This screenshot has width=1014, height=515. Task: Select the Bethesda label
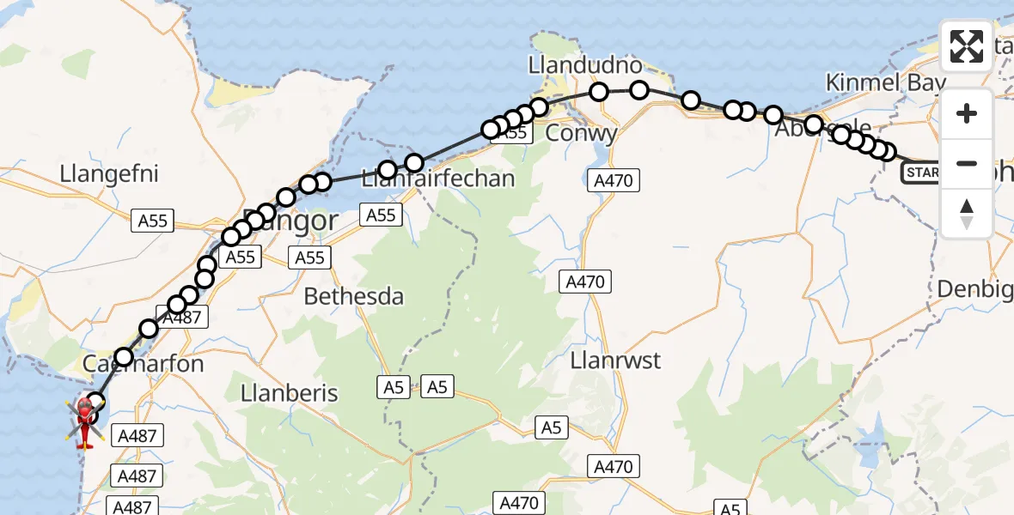tap(354, 297)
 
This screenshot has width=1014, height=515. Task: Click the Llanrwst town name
tap(615, 360)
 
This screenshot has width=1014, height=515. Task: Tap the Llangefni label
tap(109, 173)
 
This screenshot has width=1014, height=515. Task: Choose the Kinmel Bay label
tap(885, 82)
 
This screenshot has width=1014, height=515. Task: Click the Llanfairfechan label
tap(438, 179)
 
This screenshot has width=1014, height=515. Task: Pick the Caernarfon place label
tap(144, 364)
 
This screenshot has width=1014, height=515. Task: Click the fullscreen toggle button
tap(967, 45)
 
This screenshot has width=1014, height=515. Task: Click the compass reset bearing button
tap(967, 214)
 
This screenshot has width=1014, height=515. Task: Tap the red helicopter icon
tap(85, 421)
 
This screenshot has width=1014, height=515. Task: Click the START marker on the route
tap(920, 173)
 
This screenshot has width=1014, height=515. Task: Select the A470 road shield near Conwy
tap(613, 180)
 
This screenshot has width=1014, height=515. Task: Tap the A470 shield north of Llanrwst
tap(586, 282)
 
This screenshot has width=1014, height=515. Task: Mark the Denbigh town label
tap(975, 289)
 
